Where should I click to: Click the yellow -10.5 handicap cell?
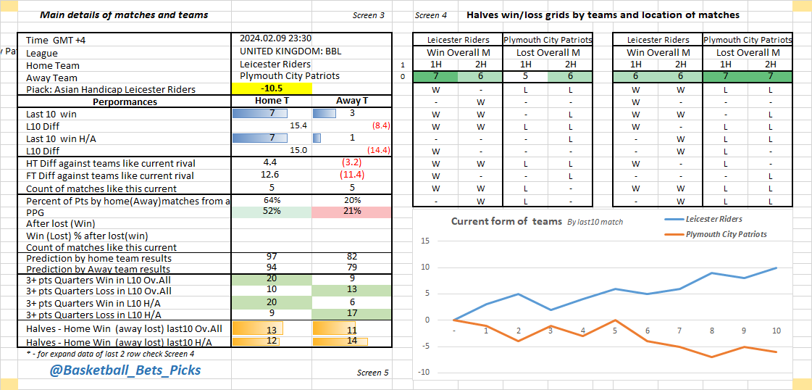272,88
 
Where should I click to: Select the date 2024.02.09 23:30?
276,39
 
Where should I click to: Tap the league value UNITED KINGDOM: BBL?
290,51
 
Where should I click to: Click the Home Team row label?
53,65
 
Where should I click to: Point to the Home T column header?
269,101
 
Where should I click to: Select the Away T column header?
352,101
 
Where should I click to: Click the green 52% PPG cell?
272,212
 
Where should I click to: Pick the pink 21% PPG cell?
352,212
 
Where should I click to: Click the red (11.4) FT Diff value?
352,175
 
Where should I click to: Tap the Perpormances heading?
125,101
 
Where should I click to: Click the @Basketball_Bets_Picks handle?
125,370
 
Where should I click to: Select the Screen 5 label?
372,373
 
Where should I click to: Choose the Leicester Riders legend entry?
713,219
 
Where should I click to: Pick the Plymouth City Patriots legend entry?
725,234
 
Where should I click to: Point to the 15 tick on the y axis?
425,241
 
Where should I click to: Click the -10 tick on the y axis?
424,373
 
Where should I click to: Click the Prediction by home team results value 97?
272,257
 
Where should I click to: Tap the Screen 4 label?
431,15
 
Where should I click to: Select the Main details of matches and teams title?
124,14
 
